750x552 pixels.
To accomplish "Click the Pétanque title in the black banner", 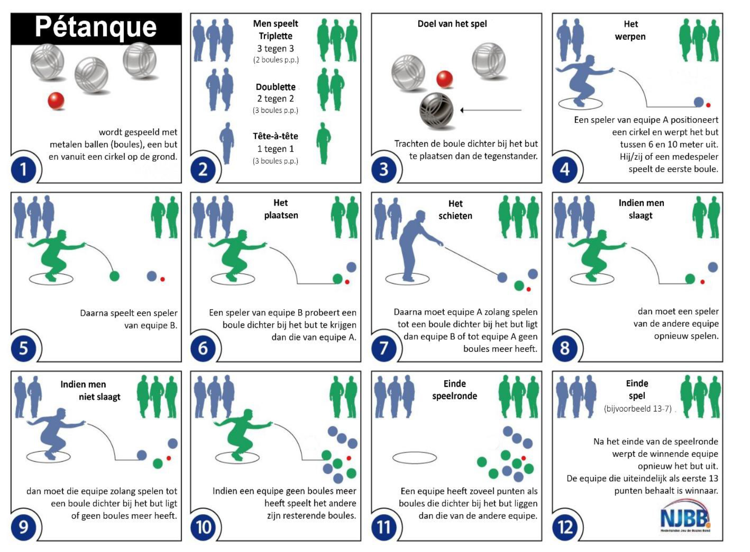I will click(96, 28).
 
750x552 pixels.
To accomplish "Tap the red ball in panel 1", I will click(56, 101).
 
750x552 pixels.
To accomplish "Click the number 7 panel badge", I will click(384, 348).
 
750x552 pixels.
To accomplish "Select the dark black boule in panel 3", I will click(436, 110).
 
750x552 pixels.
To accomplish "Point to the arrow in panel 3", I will click(491, 110).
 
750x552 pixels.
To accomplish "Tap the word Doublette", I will click(276, 87).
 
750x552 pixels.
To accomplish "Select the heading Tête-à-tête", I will click(276, 136).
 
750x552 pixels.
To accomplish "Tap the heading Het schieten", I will click(455, 210).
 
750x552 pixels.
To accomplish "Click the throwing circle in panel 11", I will click(414, 458).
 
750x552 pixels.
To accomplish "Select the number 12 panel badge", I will click(565, 528).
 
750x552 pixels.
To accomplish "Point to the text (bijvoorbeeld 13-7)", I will click(637, 409).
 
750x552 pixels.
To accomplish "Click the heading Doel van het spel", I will click(452, 24).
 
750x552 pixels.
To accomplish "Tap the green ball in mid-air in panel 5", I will click(114, 276).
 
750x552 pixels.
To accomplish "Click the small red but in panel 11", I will click(523, 458).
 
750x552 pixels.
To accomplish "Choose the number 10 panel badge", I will click(203, 528).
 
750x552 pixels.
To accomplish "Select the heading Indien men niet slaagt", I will click(91, 390).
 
